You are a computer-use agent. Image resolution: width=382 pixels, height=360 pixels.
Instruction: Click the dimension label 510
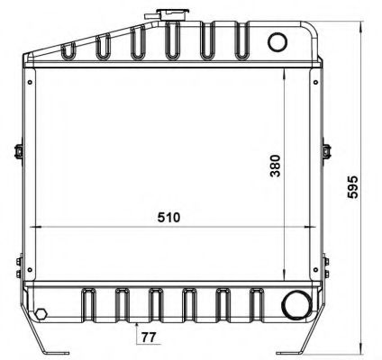click(x=169, y=218)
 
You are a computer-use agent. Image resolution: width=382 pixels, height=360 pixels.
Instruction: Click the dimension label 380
click(x=275, y=166)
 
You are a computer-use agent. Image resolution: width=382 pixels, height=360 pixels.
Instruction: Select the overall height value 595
click(x=353, y=187)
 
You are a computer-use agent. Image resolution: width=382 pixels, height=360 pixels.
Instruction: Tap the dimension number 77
click(x=149, y=337)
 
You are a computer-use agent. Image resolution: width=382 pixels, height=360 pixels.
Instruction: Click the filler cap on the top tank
click(x=173, y=14)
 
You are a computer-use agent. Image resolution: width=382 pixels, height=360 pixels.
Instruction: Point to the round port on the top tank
click(x=277, y=42)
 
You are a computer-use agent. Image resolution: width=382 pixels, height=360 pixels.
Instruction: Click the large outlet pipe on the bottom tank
click(x=296, y=305)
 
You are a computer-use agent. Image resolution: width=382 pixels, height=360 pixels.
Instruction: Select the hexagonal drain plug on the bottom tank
click(x=41, y=314)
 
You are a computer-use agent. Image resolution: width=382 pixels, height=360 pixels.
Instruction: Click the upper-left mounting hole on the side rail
click(x=30, y=82)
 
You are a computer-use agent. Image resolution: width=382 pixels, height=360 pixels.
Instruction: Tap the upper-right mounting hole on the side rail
click(x=316, y=82)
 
